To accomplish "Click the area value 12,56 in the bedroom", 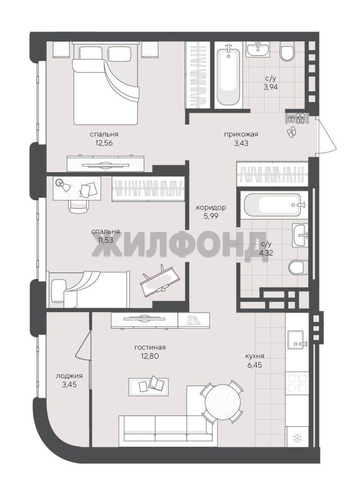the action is click(104, 143).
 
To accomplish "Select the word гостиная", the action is click(150, 347).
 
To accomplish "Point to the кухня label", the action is click(255, 357).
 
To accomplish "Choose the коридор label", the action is click(211, 208).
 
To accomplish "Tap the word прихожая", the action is click(241, 134).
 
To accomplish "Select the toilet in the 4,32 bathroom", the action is click(298, 267).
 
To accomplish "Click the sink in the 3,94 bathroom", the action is click(258, 49).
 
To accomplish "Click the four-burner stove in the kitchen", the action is click(297, 383).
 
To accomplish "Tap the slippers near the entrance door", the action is click(291, 132).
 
